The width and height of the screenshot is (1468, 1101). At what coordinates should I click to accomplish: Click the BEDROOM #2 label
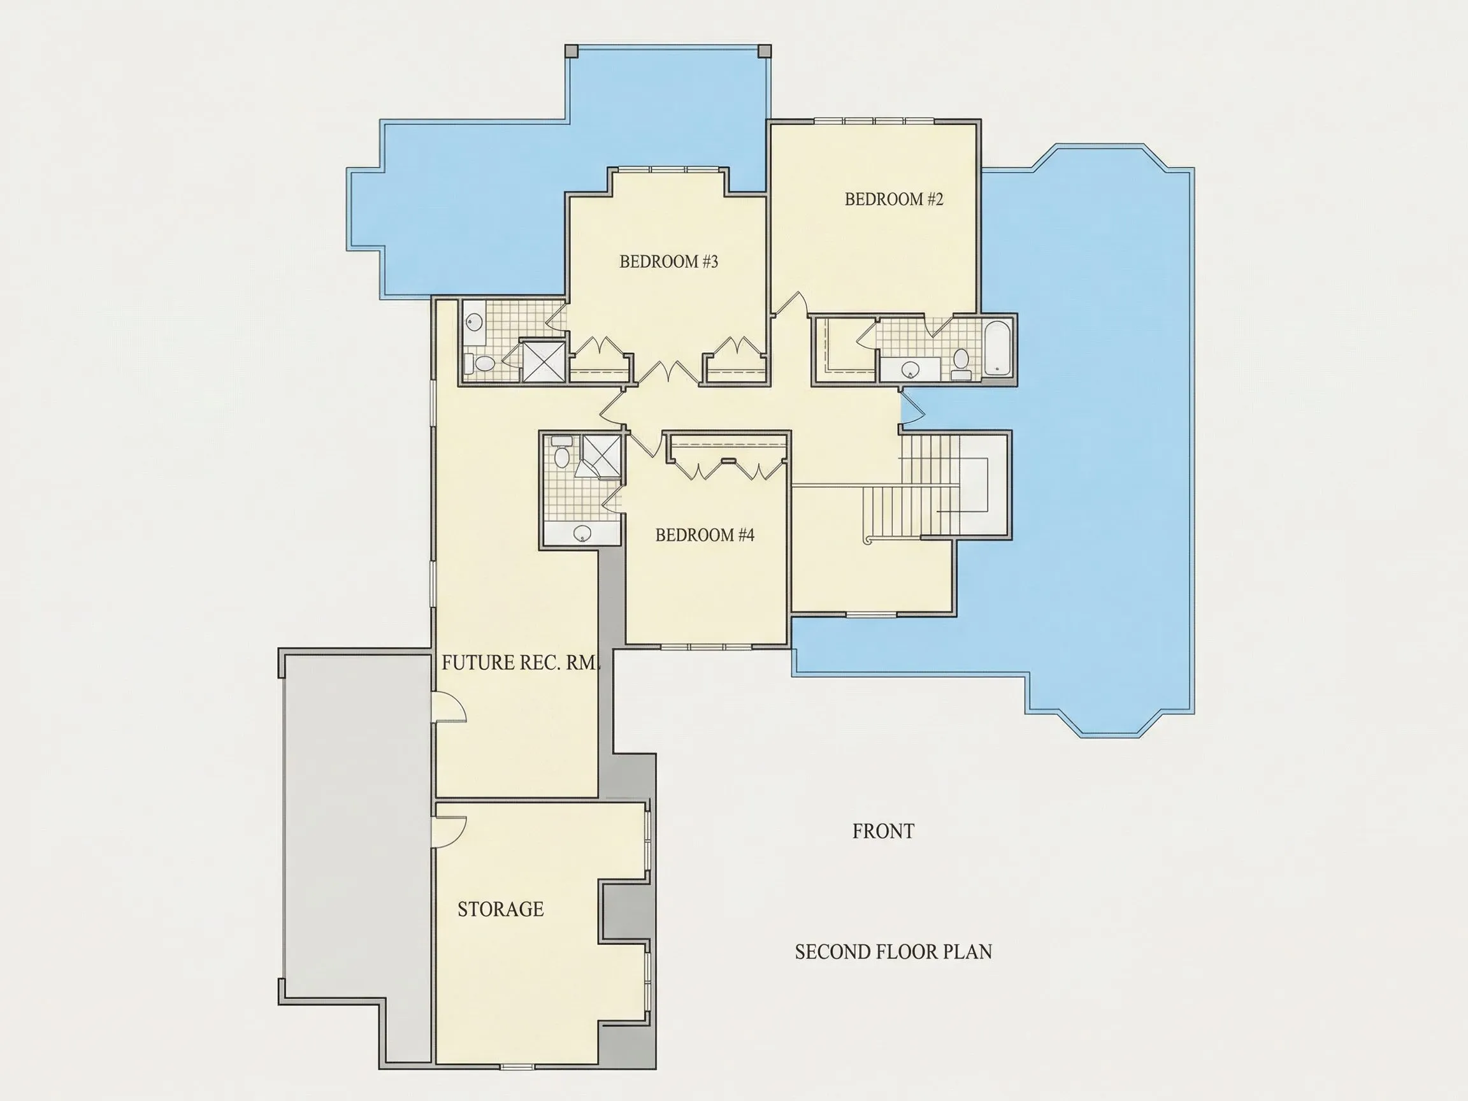pos(893,199)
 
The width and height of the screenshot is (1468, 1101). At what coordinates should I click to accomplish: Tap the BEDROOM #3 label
pos(668,261)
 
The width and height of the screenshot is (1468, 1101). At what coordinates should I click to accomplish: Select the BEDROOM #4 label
pos(705,535)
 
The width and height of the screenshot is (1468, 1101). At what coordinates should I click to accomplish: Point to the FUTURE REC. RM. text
pos(521,663)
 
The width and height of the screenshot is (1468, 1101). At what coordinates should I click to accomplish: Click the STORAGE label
pos(500,909)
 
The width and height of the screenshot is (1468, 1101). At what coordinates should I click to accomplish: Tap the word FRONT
pos(883,831)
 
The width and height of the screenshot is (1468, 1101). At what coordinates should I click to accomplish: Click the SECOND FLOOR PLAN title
pos(893,952)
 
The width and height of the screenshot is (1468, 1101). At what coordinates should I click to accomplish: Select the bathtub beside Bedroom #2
pos(998,349)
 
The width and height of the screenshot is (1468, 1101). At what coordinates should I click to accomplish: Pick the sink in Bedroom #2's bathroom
pos(910,368)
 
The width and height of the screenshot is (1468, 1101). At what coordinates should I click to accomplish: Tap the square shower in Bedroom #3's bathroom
pos(544,361)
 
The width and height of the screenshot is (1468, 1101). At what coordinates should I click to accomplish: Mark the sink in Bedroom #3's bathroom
pos(473,323)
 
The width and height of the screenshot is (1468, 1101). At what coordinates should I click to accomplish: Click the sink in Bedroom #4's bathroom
pos(582,531)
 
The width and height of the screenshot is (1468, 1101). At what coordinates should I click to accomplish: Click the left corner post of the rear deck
pos(572,51)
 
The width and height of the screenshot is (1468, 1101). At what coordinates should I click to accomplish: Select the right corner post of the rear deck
pos(765,51)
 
